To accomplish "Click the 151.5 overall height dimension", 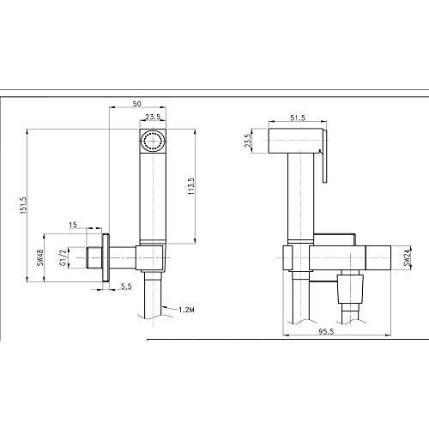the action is (23, 205).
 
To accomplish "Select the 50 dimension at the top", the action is (136, 104).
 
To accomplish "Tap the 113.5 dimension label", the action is (191, 186).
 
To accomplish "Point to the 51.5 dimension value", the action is (298, 118).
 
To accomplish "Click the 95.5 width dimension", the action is (326, 331).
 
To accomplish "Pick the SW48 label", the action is (40, 257).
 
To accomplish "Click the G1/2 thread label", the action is (63, 257).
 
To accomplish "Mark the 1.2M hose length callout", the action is (186, 310).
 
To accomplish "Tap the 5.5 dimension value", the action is (126, 286).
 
